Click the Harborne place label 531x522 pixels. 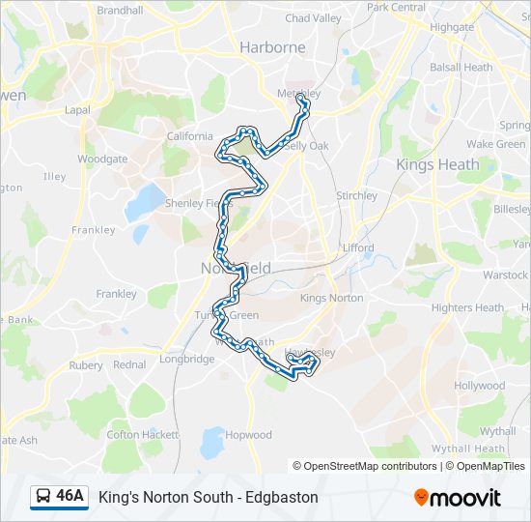coord(272,47)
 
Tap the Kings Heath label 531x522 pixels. coord(437,164)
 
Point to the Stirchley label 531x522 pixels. coord(357,195)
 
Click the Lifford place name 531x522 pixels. coord(358,247)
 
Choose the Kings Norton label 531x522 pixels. coord(331,298)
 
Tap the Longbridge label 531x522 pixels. coord(186,359)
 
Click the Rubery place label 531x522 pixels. coord(86,365)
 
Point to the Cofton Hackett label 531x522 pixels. coord(136,435)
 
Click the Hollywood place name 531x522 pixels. coord(480,385)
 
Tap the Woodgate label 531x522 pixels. coord(102,159)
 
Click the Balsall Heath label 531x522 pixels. coord(461,68)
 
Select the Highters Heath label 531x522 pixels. coord(467,307)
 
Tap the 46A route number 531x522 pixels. coord(70,497)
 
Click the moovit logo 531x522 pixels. coord(458,498)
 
